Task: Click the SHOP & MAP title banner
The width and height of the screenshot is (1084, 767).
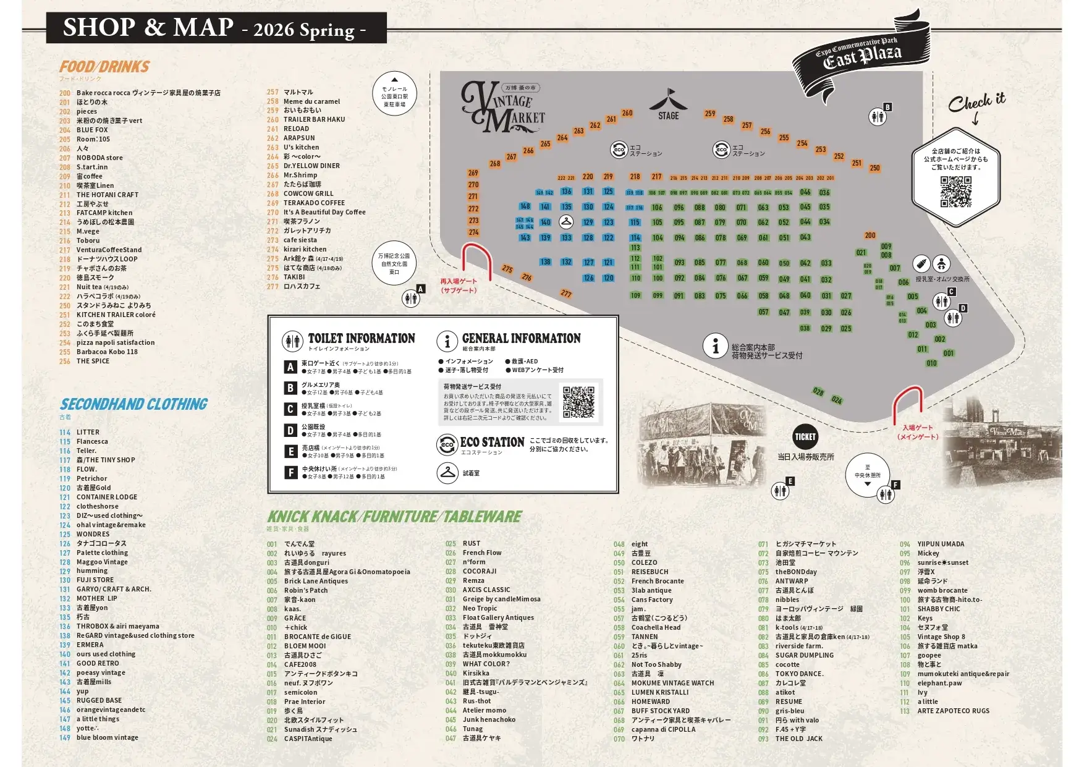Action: [216, 28]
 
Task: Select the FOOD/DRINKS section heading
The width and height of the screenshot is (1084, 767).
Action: [104, 67]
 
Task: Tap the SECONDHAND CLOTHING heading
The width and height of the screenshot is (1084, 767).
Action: [133, 404]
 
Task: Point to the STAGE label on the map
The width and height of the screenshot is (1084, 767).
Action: [668, 116]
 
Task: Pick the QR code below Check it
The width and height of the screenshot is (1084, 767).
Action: [955, 192]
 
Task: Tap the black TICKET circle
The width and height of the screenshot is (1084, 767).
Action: [805, 437]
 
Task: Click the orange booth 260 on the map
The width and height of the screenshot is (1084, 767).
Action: [627, 113]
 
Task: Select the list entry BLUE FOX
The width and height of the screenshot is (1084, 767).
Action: [92, 130]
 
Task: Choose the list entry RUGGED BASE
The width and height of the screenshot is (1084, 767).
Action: [99, 700]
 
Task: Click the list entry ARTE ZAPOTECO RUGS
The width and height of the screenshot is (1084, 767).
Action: [953, 711]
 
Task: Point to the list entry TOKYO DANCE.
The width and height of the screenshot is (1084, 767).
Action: [799, 674]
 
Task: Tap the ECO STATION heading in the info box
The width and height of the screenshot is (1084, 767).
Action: [492, 443]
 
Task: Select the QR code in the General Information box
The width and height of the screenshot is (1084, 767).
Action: [578, 402]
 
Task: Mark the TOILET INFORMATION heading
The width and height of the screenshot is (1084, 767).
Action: [362, 339]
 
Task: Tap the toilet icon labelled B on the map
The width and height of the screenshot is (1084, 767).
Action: [878, 116]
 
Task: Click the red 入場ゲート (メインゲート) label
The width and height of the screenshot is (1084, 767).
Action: [917, 432]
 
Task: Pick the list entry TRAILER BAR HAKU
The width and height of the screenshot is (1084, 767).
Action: [314, 119]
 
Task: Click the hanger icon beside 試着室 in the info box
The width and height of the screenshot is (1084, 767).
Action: [447, 473]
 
